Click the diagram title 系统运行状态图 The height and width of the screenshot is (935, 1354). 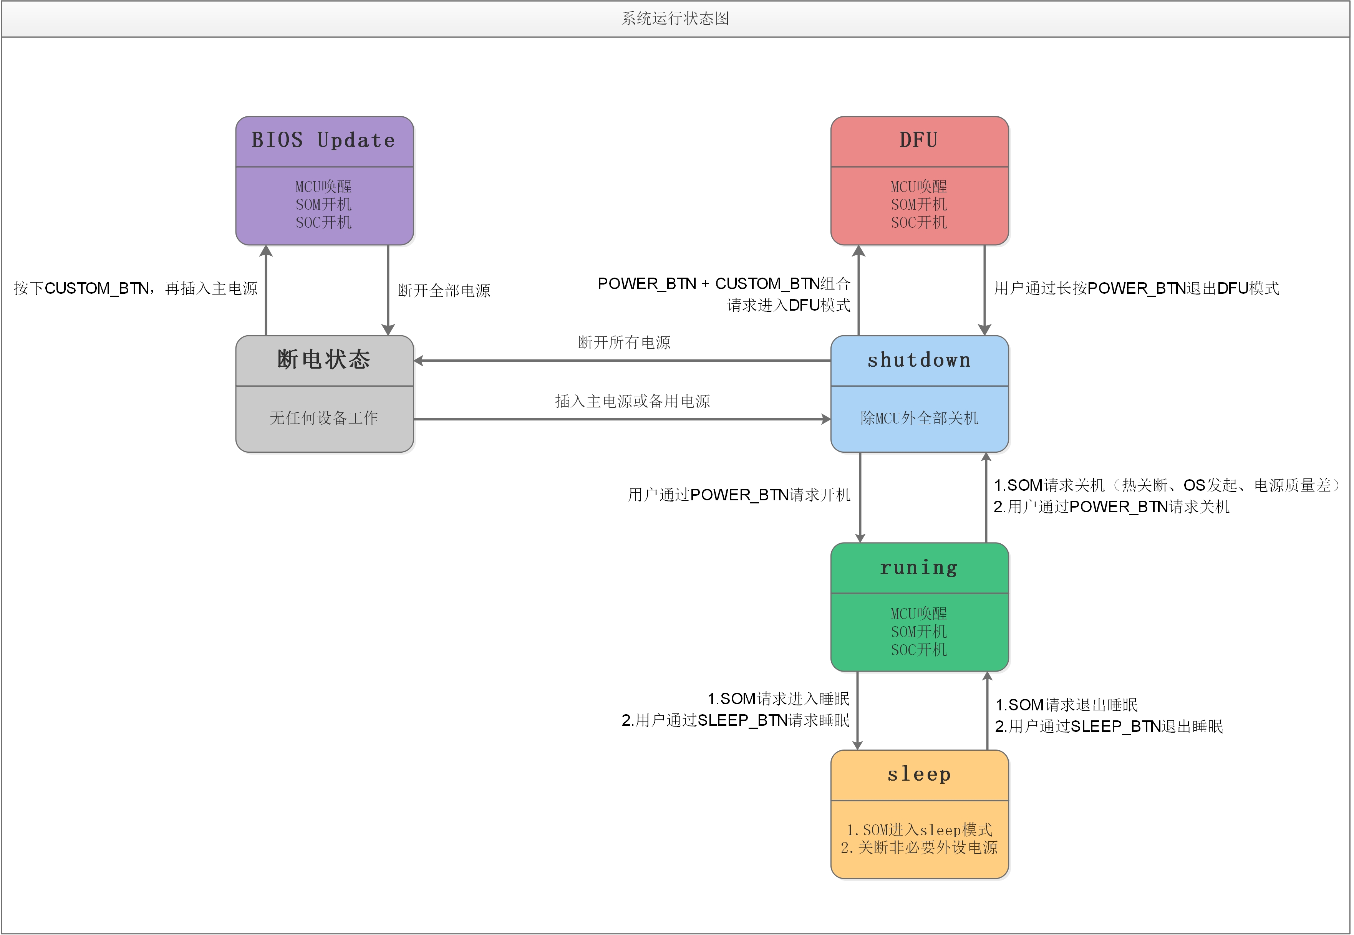coord(676,19)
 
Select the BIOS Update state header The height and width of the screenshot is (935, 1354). coord(324,141)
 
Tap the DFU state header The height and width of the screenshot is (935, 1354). coord(919,141)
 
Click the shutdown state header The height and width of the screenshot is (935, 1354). coord(919,360)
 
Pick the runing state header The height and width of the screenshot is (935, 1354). coord(919,567)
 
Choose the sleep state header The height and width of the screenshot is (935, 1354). coord(919,774)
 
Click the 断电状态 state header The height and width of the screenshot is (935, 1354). coord(324,360)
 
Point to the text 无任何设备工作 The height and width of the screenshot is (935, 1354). coord(324,418)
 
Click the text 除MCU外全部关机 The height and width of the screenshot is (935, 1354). coord(919,418)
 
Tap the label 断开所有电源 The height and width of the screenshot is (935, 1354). coord(624,342)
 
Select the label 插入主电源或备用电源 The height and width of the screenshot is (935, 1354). coord(632,401)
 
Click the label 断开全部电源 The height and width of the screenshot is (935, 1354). coord(444,291)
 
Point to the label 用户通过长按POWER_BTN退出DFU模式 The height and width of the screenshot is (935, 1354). coord(1136,288)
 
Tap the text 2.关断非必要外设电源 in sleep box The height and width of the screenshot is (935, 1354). coord(919,848)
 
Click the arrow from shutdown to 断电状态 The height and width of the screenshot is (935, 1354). coord(621,361)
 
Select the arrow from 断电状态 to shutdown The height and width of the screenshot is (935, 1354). coord(621,419)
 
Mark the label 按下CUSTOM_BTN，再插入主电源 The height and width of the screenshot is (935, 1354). coord(136,288)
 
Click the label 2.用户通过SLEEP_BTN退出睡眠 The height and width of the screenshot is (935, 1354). coord(1109,726)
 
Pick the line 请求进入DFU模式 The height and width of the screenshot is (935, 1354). coord(789,305)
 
